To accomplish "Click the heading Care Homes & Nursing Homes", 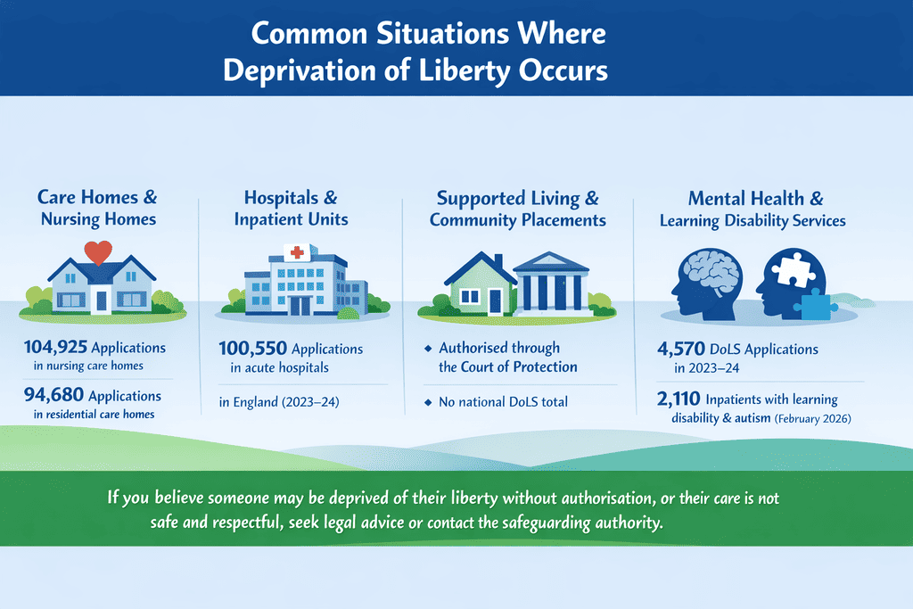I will coord(98,208).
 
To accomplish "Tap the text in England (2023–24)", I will coord(276,403).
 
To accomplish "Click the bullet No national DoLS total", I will coord(502,402).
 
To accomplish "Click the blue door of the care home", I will coord(102,301).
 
